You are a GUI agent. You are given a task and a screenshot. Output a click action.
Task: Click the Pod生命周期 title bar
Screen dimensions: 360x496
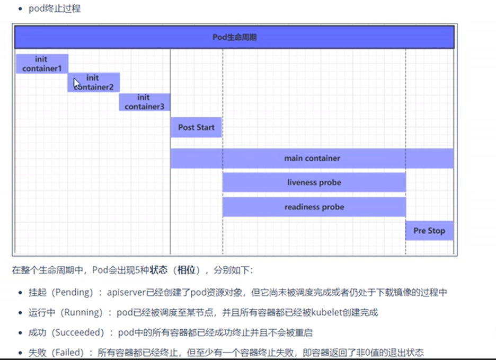pyautogui.click(x=235, y=38)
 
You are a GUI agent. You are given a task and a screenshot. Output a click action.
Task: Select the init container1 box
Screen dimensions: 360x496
pyautogui.click(x=42, y=64)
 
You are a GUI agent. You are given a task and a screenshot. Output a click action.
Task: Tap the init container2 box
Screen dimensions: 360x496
pyautogui.click(x=94, y=82)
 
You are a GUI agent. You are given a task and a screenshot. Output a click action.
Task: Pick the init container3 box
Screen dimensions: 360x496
pyautogui.click(x=144, y=102)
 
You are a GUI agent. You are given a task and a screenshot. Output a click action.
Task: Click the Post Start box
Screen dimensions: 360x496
pyautogui.click(x=196, y=128)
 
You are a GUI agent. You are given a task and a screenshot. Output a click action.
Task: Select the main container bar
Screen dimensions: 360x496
pyautogui.click(x=312, y=159)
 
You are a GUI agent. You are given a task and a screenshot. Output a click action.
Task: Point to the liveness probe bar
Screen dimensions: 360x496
pyautogui.click(x=314, y=182)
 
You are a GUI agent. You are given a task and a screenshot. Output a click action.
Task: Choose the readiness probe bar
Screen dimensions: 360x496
pyautogui.click(x=314, y=207)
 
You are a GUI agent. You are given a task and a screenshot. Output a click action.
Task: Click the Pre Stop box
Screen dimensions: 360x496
pyautogui.click(x=429, y=231)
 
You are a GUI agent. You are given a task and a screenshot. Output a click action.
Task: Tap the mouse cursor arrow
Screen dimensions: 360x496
pyautogui.click(x=77, y=84)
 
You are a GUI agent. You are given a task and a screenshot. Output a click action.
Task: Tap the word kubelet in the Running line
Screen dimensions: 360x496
pyautogui.click(x=328, y=312)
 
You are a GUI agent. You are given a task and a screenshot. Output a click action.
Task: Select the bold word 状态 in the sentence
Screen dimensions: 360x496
pyautogui.click(x=158, y=270)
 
